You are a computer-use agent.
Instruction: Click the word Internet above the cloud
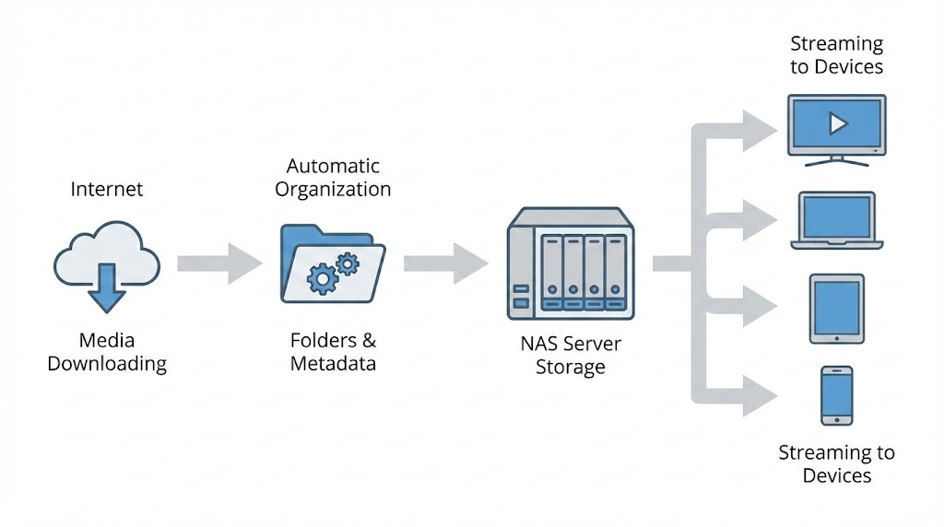pos(107,190)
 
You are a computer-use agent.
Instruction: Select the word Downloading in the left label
pos(107,364)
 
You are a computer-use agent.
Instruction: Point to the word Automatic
pos(333,167)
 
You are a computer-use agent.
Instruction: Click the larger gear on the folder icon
pos(322,277)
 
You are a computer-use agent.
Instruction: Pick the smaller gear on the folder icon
pos(347,264)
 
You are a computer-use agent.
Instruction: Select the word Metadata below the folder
pos(333,364)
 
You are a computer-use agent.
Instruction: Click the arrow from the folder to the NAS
pos(445,263)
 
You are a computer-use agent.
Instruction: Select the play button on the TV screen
pos(836,123)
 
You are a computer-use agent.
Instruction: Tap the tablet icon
pos(836,308)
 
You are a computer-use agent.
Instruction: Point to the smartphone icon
pos(836,395)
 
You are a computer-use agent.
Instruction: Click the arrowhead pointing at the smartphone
pos(761,396)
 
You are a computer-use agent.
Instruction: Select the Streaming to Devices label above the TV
pos(836,55)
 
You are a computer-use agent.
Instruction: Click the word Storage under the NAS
pos(571,368)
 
